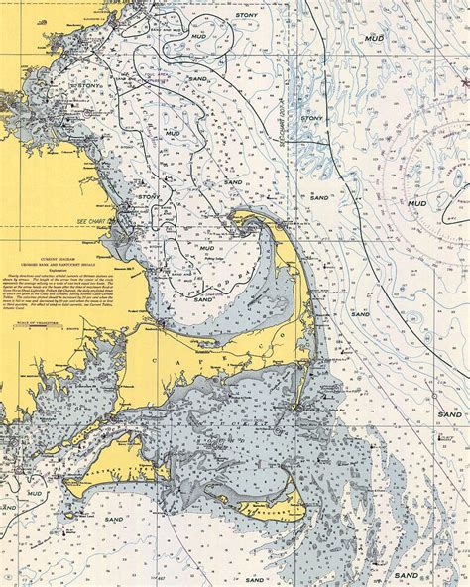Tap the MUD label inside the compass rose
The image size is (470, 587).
417,203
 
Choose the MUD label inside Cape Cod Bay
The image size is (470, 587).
206,248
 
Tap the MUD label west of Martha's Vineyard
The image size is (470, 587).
34,492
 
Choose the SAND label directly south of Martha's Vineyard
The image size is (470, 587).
114,519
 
